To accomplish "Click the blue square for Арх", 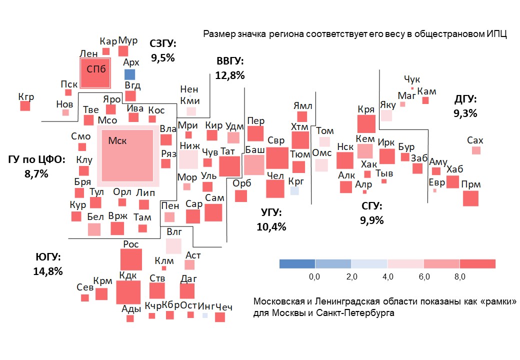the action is coord(129,74).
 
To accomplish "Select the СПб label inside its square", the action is coord(96,69).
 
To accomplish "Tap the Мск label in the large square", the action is coord(117,141).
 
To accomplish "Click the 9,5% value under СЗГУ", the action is coord(163,57).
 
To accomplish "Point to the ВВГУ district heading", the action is coord(230,61).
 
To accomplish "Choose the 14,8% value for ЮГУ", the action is coord(48,271).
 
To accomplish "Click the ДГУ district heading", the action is coord(465,99).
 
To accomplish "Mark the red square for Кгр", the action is coord(25,106).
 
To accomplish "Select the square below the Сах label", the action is coord(476,150).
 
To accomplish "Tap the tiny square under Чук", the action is coord(412,88).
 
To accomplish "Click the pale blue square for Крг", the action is coord(294,190).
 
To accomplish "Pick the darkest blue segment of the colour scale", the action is coord(297,264).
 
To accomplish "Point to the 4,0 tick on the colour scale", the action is coord(388,276).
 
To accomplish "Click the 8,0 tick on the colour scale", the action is coord(460,276).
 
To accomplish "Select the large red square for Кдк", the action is coord(128,292).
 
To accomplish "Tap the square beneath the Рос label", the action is coord(131,259).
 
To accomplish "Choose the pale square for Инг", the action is coord(205,315).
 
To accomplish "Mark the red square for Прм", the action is coord(470,198).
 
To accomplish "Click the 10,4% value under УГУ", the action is coord(271,226).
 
